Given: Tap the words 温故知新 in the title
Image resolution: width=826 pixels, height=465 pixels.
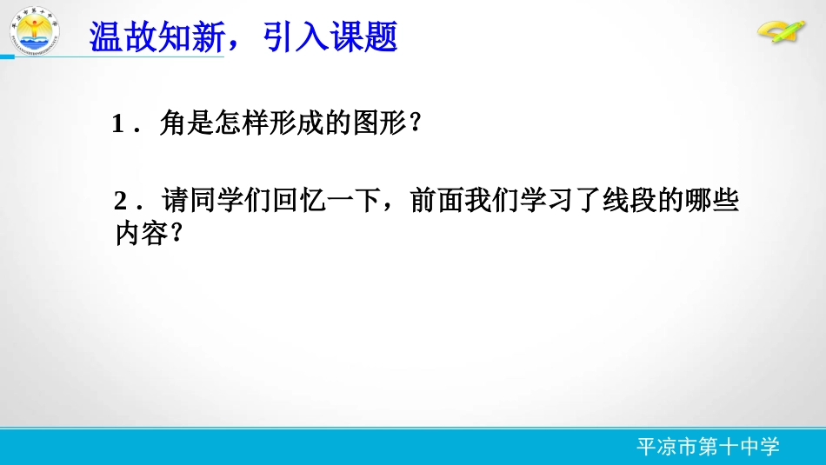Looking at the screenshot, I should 157,37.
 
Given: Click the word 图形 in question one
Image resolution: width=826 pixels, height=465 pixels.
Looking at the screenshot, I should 380,125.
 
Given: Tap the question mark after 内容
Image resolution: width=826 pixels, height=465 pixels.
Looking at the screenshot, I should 176,233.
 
